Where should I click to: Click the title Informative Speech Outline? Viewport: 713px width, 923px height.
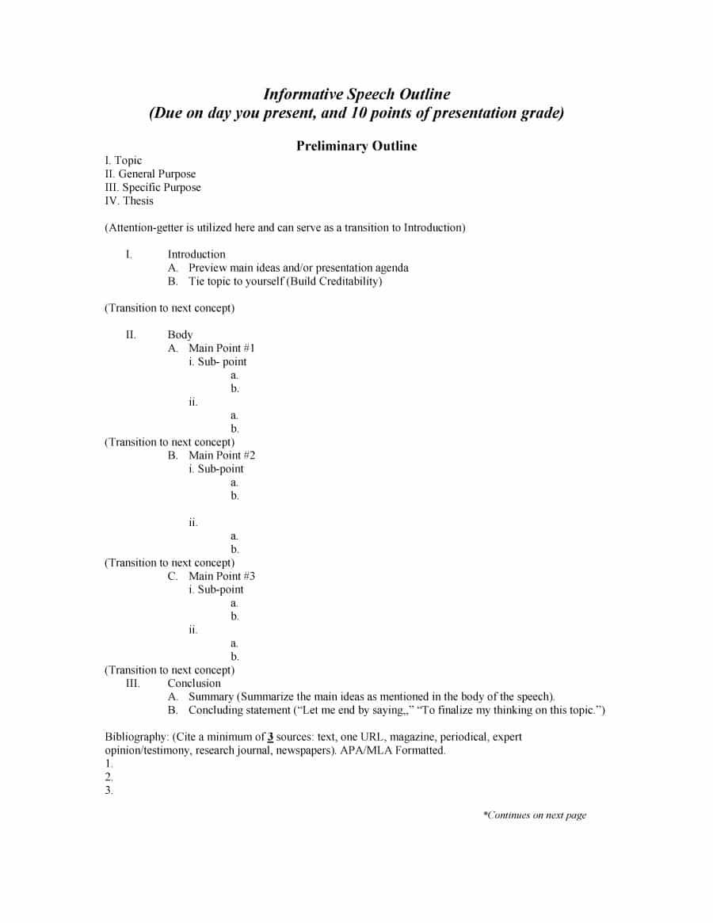click(x=356, y=94)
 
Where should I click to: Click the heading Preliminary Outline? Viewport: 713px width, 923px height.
click(x=356, y=146)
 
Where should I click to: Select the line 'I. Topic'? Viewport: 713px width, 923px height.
click(x=124, y=160)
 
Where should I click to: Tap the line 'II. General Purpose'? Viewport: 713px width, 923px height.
click(x=151, y=174)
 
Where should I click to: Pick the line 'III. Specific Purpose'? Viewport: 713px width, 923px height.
click(x=153, y=187)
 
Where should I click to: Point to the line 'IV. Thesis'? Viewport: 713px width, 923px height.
click(x=129, y=200)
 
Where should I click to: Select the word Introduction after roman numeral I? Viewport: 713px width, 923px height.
click(x=196, y=254)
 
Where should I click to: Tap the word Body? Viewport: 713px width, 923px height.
click(x=180, y=334)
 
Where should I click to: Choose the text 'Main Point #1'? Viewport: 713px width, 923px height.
click(x=222, y=348)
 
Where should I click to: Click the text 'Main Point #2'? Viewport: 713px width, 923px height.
click(x=222, y=455)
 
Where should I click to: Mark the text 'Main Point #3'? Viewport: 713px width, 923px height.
click(x=222, y=576)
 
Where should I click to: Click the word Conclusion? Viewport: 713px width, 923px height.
click(x=194, y=683)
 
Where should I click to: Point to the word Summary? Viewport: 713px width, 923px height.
click(x=211, y=696)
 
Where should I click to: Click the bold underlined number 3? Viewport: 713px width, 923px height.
click(x=270, y=737)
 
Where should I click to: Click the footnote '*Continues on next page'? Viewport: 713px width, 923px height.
click(x=535, y=815)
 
